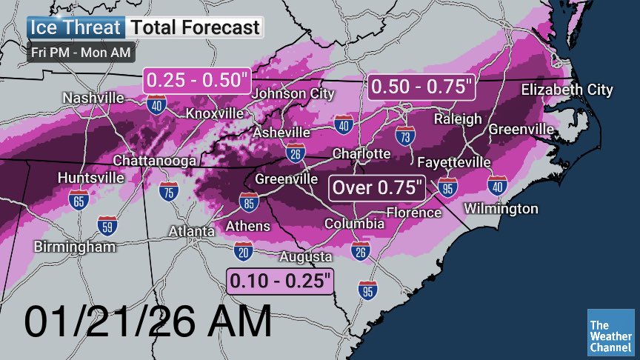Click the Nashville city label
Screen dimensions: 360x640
(93, 98)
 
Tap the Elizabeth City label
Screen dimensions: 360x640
(567, 90)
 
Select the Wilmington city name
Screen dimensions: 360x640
(501, 209)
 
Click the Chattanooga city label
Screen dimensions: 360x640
(154, 161)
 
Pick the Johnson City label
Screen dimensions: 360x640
(289, 94)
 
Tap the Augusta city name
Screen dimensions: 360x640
(304, 257)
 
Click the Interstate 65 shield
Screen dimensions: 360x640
(78, 199)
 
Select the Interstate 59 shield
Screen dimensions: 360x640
(107, 224)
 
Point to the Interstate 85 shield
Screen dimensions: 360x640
(249, 201)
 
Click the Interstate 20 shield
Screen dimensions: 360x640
(242, 250)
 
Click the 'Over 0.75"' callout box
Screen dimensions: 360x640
(377, 187)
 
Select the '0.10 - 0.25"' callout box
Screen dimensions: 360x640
(280, 281)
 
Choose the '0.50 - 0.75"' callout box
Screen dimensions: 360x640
(421, 86)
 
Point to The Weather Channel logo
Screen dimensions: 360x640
(610, 331)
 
